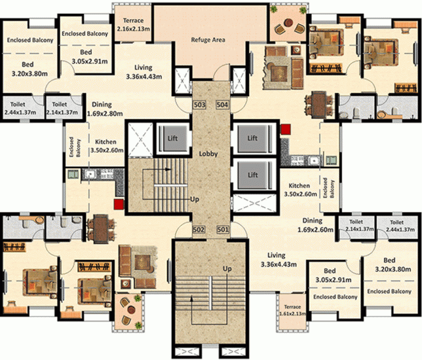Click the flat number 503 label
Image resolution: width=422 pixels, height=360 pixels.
click(199, 105)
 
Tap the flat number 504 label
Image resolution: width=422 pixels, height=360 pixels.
click(222, 105)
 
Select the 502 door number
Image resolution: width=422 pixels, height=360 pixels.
click(199, 230)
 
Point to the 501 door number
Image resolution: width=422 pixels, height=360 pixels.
click(223, 230)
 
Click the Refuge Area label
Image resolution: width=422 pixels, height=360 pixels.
click(208, 40)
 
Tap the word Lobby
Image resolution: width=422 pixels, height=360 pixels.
click(208, 154)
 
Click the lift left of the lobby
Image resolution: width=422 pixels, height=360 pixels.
click(172, 139)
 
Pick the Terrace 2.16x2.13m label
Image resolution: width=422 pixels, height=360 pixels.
click(133, 24)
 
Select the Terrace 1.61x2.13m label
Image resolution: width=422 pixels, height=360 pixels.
click(292, 310)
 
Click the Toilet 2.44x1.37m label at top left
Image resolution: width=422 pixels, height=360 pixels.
click(20, 108)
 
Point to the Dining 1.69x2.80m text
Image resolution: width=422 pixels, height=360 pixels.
click(105, 109)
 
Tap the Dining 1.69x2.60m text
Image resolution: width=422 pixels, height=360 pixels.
click(315, 225)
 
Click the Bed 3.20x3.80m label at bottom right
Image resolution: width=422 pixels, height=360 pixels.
click(393, 264)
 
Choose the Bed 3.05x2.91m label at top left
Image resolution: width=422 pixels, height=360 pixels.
click(90, 57)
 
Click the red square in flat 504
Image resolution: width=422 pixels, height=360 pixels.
click(286, 129)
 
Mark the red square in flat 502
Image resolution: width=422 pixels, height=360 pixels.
click(119, 204)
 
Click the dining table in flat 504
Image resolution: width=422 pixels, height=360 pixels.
click(319, 105)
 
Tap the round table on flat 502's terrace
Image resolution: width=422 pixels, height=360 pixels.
click(131, 310)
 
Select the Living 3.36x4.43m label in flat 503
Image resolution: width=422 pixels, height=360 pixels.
click(144, 72)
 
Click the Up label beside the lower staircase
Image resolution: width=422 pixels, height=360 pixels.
click(227, 268)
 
